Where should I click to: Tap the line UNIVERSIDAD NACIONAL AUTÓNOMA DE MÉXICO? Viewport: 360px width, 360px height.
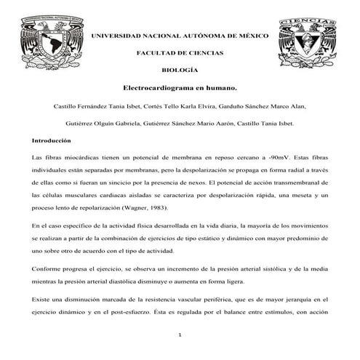179,36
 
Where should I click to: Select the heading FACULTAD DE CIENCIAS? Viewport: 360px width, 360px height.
179,53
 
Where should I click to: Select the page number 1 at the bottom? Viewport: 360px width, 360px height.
180,335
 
